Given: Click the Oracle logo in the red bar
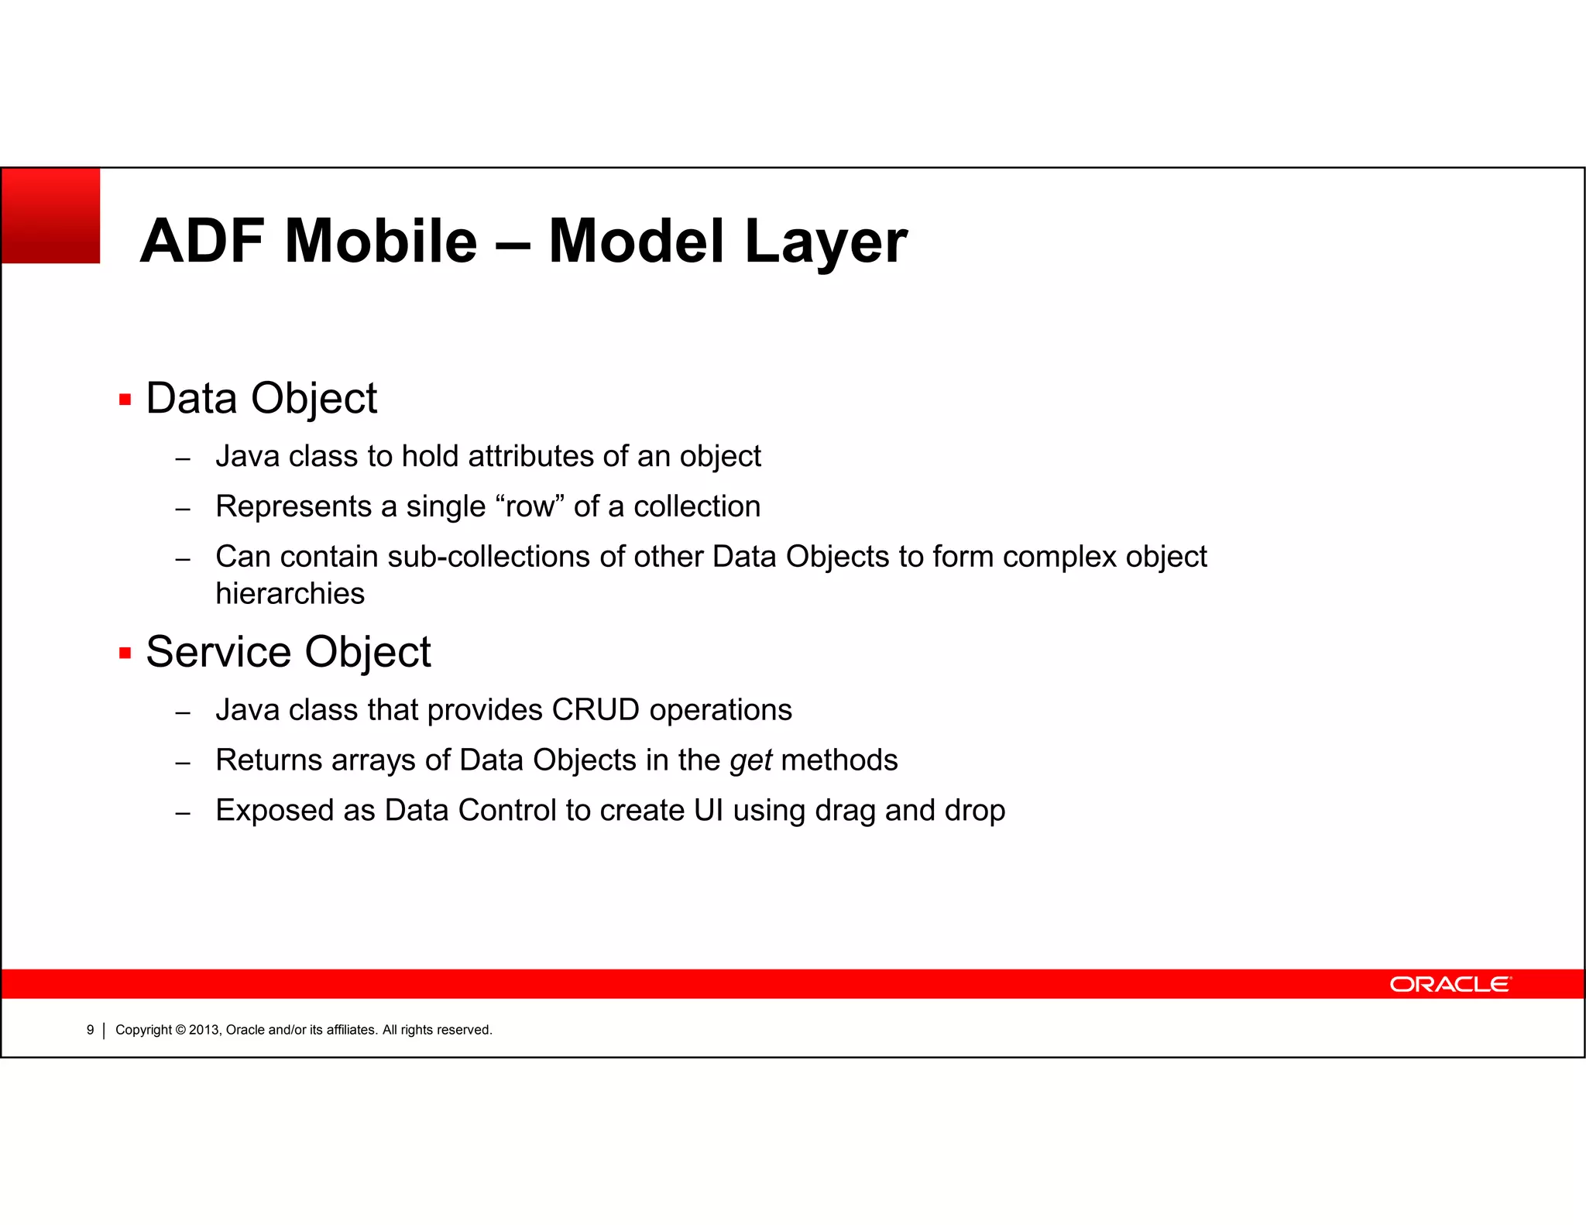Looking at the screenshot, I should (1449, 984).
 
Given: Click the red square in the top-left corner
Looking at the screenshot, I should (51, 216).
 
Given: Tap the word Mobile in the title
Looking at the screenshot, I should (381, 241).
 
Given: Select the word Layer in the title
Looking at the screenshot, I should (826, 242).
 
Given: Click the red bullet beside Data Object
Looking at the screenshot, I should (125, 400).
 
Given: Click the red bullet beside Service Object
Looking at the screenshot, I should (125, 653).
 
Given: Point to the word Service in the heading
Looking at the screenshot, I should (220, 652).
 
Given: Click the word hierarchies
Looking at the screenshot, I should (290, 594).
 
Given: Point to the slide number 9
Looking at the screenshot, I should (90, 1030).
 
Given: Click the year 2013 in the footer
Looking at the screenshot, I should (204, 1030).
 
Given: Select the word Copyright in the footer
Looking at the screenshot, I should (143, 1030).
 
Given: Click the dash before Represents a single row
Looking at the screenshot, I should (183, 510).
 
